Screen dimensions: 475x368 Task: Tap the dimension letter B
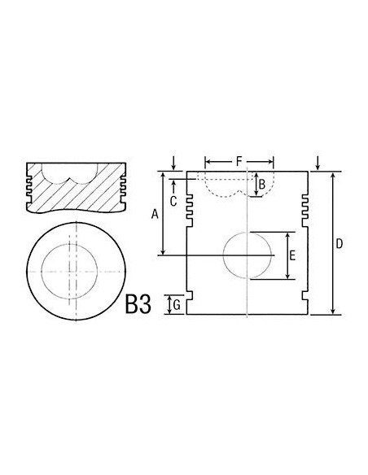point(261,185)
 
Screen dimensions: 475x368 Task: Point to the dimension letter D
point(340,243)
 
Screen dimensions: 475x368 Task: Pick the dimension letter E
point(292,255)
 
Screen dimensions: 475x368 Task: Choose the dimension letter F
point(239,161)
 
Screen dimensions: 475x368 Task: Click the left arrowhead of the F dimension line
point(207,161)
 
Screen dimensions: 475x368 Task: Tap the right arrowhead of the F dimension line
point(273,161)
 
